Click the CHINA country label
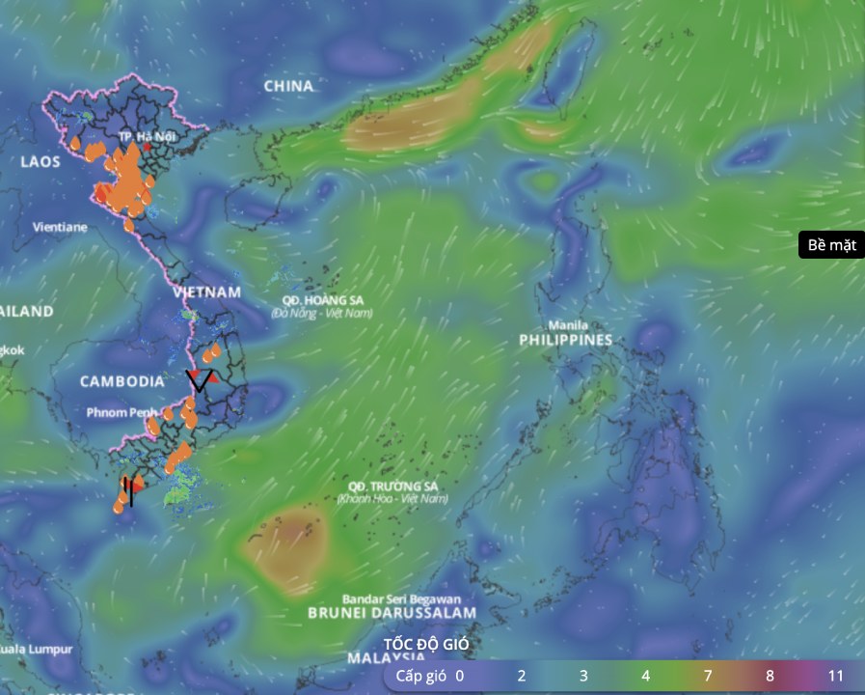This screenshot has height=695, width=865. coord(288,86)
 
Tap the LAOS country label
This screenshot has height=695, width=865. coord(40,161)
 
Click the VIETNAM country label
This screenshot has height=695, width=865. coord(206,292)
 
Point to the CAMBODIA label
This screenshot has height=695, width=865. coord(122,381)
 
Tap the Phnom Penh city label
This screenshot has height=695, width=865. coord(122,412)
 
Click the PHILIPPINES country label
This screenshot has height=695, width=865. coord(565,341)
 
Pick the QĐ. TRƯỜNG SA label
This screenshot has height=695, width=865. coord(392,486)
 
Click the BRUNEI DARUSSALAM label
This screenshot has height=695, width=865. coord(392,613)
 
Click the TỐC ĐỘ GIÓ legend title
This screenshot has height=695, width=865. coord(426,644)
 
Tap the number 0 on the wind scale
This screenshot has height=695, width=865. coord(459,676)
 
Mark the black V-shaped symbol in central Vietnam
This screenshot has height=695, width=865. coord(201,380)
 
